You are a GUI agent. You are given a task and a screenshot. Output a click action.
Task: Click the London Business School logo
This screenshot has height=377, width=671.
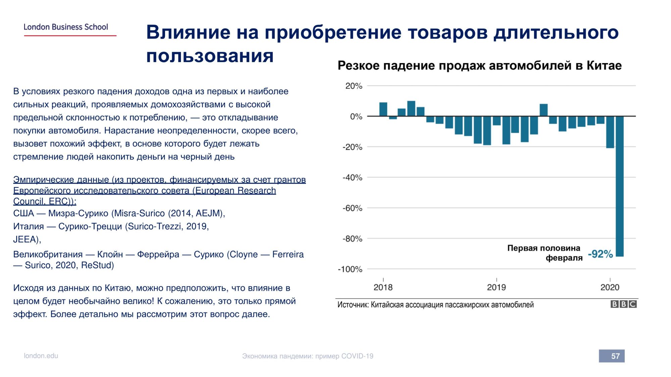point(66,27)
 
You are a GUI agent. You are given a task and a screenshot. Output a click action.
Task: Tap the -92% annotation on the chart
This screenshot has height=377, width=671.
point(600,254)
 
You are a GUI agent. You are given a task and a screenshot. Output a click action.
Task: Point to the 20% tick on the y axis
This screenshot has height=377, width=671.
point(354,86)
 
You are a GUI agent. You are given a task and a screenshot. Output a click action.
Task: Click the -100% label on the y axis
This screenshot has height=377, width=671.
point(350,269)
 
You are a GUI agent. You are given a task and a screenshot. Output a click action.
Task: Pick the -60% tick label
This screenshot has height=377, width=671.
point(352,208)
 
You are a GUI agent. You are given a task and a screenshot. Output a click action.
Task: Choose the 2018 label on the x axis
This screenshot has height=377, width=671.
point(383,287)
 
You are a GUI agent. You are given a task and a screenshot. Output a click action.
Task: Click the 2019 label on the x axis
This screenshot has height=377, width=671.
point(496,287)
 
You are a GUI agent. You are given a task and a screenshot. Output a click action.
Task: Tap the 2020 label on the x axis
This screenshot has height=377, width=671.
point(610,287)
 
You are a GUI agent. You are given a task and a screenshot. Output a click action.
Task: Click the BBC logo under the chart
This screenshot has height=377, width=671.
point(623,304)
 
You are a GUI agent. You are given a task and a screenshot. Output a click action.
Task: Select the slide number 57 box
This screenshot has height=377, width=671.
point(612,356)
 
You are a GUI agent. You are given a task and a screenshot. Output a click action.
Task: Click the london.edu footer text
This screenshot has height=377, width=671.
point(41,356)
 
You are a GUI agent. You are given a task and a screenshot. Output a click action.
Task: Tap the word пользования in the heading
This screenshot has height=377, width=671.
point(210,56)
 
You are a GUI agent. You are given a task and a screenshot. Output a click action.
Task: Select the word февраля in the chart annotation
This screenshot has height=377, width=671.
point(564,258)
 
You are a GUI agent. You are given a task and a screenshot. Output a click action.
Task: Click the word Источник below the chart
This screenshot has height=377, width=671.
point(353,305)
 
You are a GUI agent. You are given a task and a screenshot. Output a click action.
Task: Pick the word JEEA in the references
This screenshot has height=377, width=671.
point(25,240)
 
